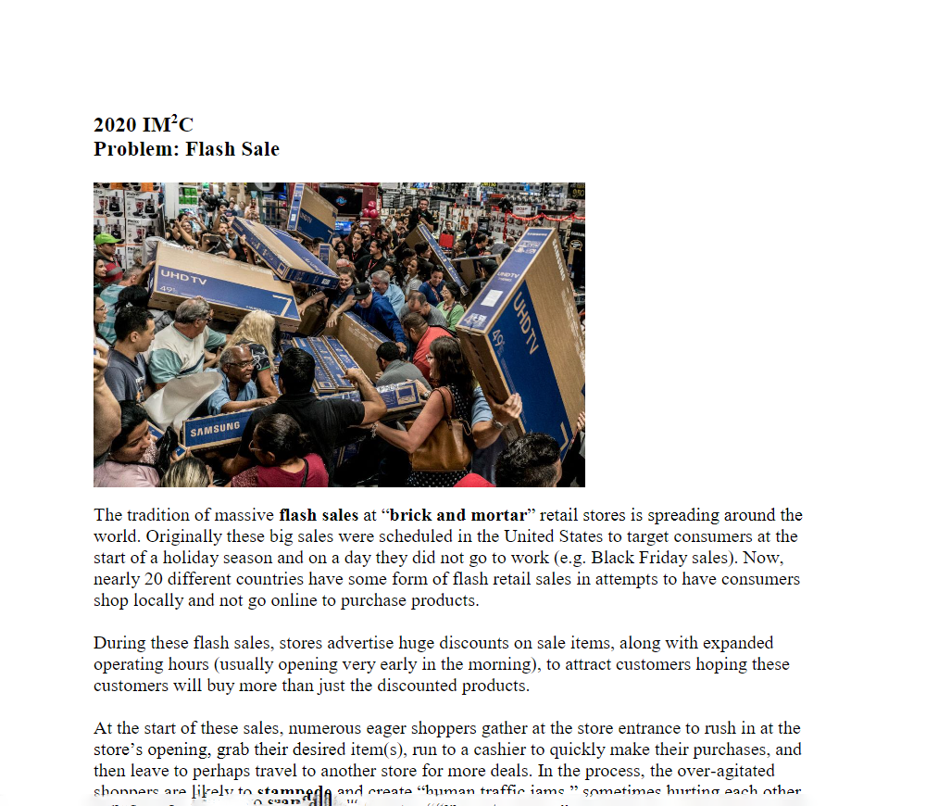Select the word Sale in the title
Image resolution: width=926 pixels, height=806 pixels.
click(x=258, y=149)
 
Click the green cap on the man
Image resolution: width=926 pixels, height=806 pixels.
click(x=107, y=239)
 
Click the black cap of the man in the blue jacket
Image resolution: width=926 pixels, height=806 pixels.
click(x=360, y=290)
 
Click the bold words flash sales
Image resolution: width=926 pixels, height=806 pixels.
click(x=318, y=515)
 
